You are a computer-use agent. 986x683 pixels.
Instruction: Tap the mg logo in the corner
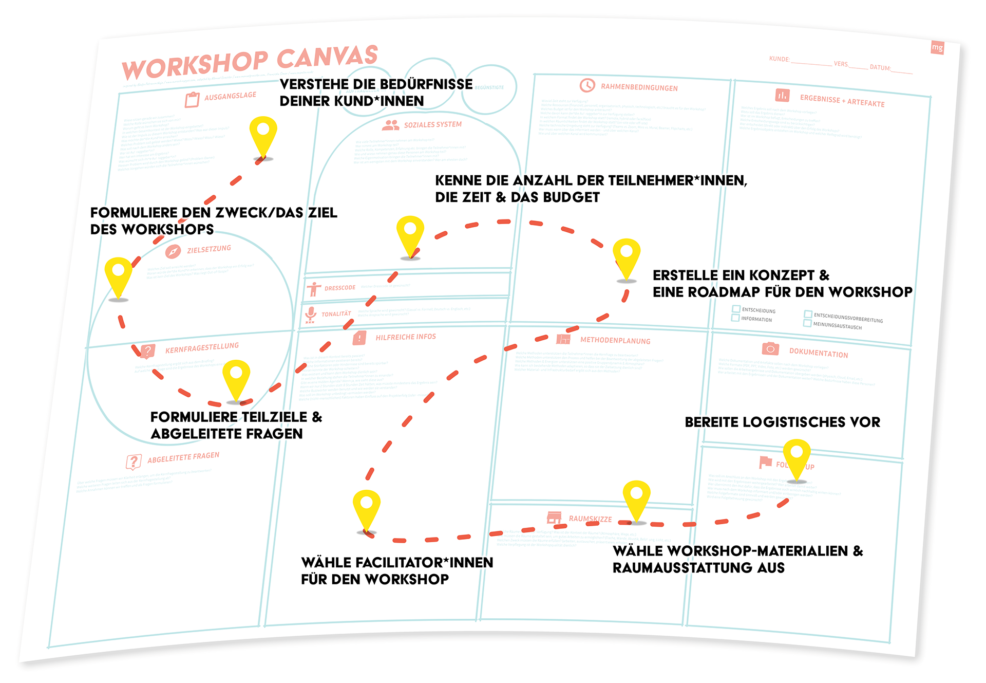coord(937,48)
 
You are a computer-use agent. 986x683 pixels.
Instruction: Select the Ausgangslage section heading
coord(230,96)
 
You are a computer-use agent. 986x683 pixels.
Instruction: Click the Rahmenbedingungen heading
coord(639,87)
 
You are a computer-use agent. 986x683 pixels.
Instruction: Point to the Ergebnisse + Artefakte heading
coord(842,100)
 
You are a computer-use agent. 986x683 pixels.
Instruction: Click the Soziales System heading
coord(432,125)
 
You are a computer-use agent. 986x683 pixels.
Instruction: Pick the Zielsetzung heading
coord(208,249)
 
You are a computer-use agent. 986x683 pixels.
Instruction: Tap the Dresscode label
coord(339,288)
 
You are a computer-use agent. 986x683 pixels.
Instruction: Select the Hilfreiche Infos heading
coord(405,337)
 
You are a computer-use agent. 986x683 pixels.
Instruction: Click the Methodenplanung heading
coord(615,340)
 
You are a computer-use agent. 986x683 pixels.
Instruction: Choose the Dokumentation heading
coord(818,353)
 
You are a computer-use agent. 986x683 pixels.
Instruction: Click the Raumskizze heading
coord(590,519)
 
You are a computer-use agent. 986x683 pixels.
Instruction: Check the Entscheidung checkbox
coord(736,309)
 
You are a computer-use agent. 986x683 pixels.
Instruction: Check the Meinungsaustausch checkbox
coord(807,323)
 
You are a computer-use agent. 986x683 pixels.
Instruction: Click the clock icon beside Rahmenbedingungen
coord(587,85)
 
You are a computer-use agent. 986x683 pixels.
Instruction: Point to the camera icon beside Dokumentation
coord(770,349)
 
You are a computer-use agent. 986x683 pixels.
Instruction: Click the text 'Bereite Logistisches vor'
coord(782,422)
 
